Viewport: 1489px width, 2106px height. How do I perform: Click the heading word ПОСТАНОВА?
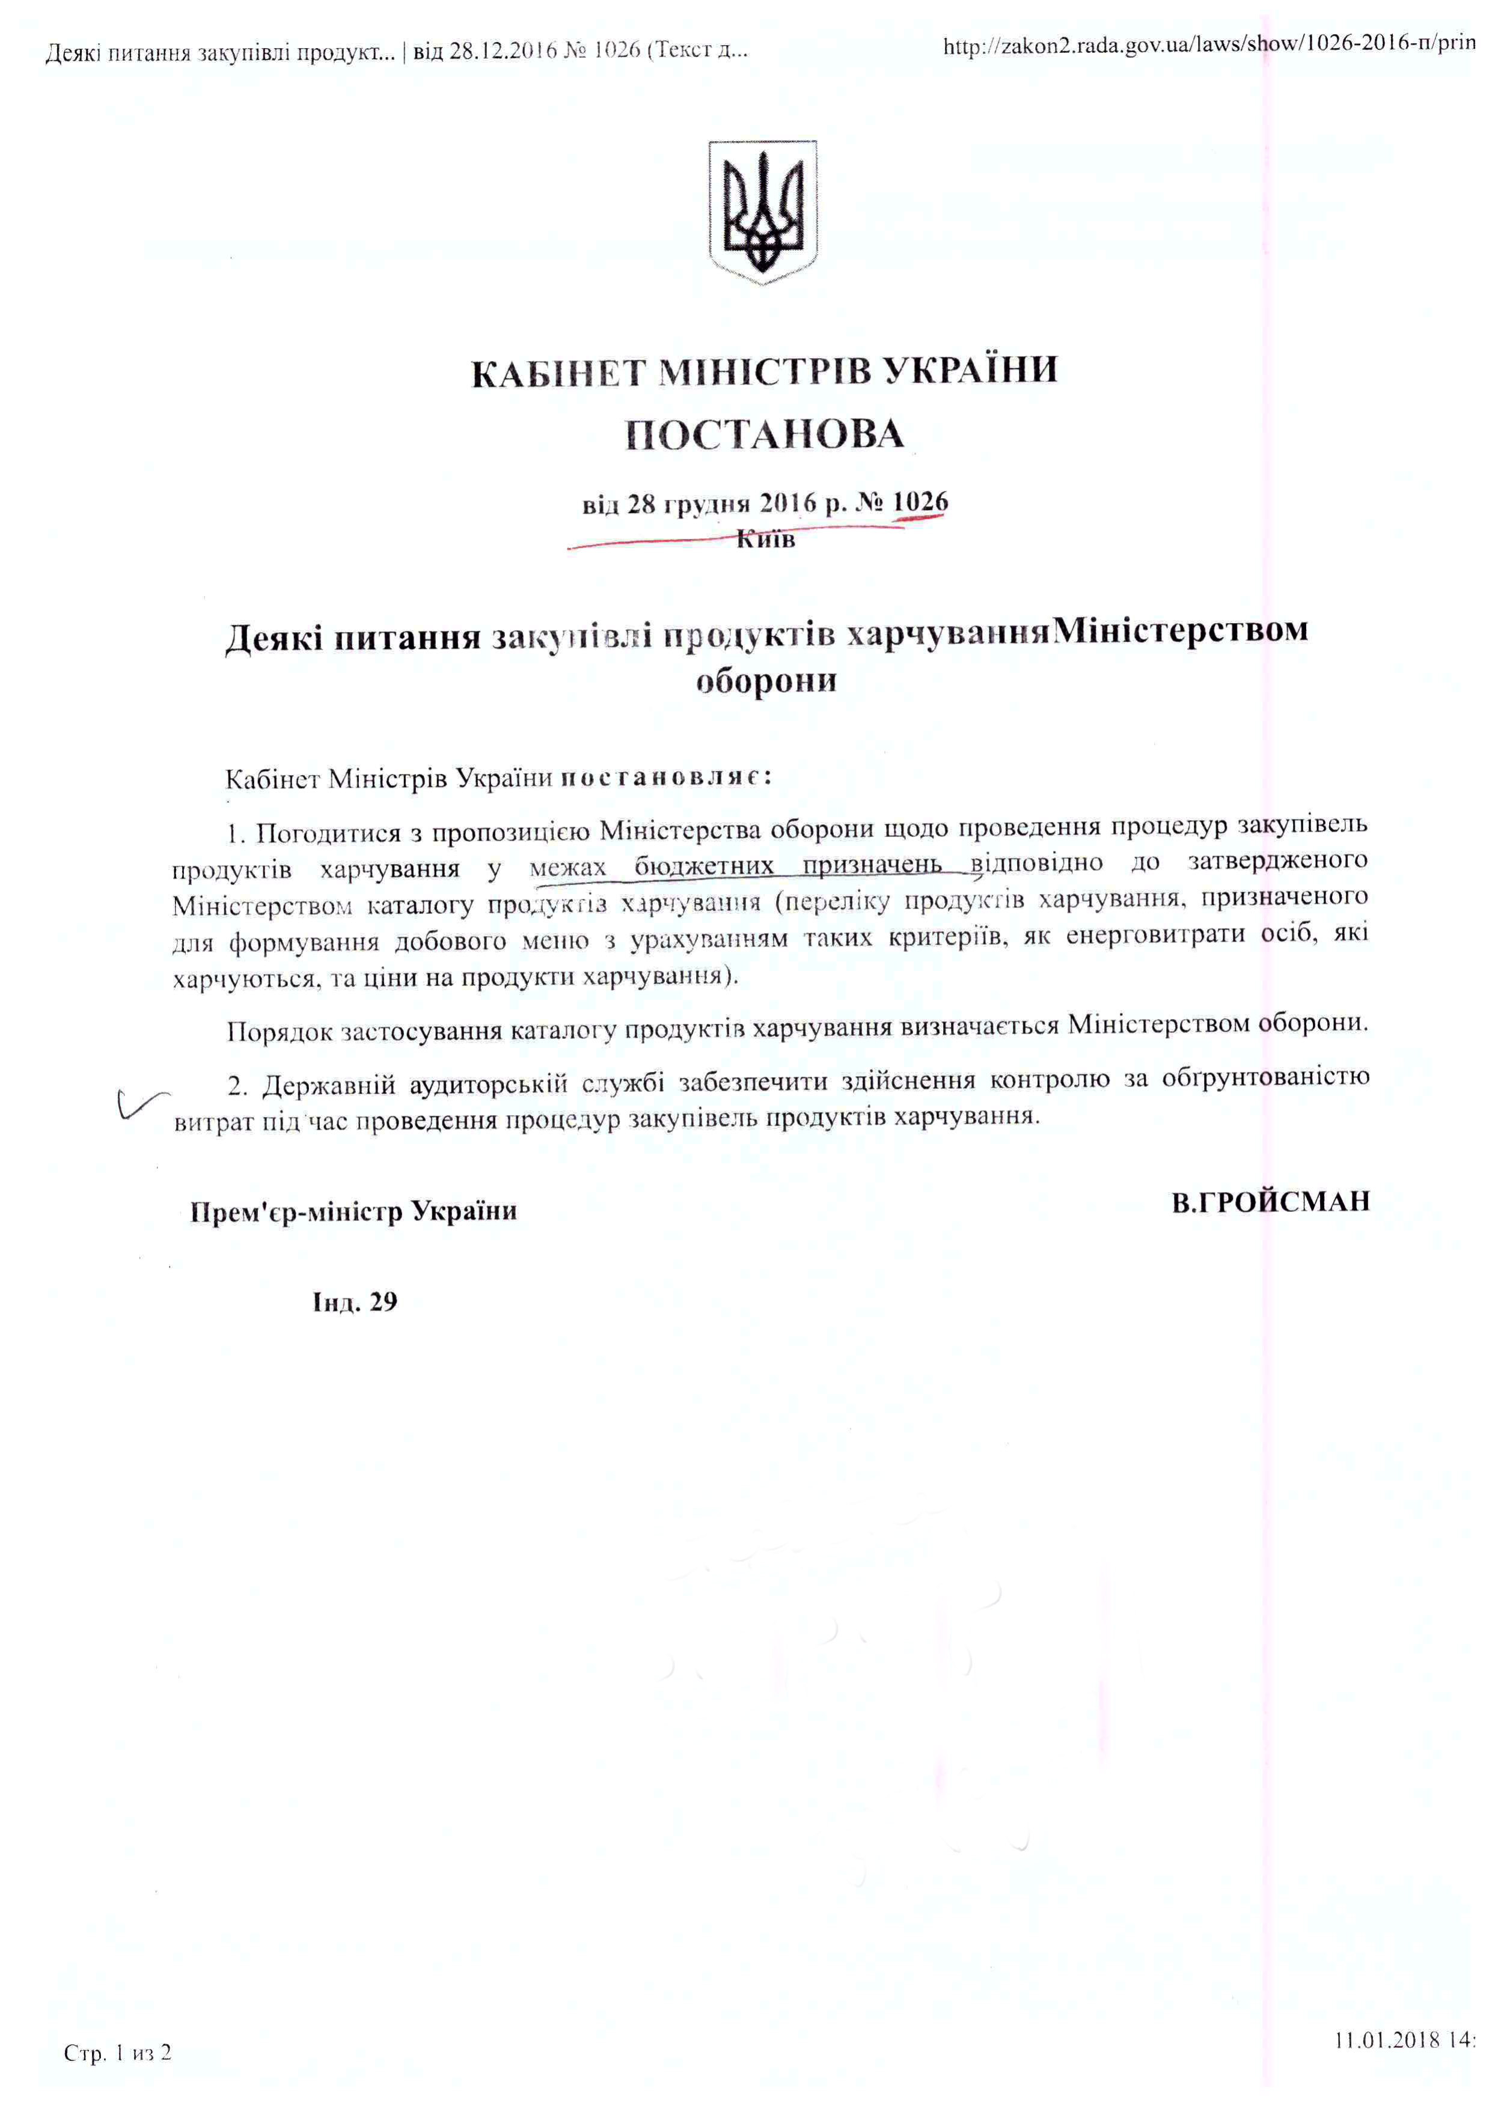pos(764,435)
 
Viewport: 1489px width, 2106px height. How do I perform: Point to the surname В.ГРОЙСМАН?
pos(1270,1202)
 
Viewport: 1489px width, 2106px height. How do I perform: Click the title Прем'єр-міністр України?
pos(353,1212)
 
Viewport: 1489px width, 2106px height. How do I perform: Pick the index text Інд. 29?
pos(355,1303)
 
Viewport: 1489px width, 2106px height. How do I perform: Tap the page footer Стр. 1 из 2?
pos(117,2052)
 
